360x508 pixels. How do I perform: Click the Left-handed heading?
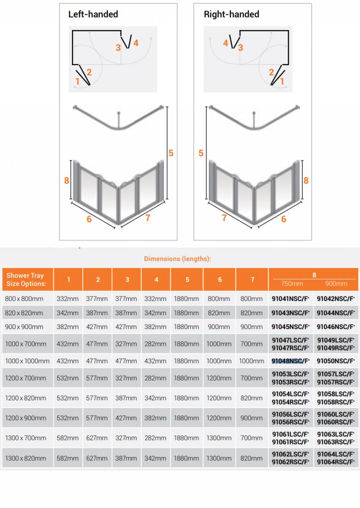coord(93,14)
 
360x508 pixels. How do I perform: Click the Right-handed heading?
coord(231,14)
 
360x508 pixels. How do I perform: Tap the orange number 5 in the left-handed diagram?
coord(171,153)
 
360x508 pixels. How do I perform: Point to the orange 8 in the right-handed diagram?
coord(306,180)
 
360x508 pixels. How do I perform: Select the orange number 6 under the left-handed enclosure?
coord(89,219)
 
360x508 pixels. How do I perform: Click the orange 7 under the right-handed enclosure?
coord(224,218)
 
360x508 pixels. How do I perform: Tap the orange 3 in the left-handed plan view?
coord(118,47)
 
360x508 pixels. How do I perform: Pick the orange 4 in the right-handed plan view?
coord(225,43)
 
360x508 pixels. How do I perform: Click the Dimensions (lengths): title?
coord(177,259)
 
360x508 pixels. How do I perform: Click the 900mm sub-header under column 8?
coord(336,283)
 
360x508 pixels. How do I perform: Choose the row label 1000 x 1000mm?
coord(27,361)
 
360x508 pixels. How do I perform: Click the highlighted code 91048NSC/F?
coord(290,361)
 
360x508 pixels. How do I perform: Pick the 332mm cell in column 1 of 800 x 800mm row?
coord(68,299)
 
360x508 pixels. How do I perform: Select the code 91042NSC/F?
coord(335,299)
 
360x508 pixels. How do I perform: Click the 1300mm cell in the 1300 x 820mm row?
coord(219,458)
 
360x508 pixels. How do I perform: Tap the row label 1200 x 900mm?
coord(26,418)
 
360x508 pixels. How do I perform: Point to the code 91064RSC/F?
coord(335,462)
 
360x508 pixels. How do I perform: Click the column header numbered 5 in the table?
coord(187,279)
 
